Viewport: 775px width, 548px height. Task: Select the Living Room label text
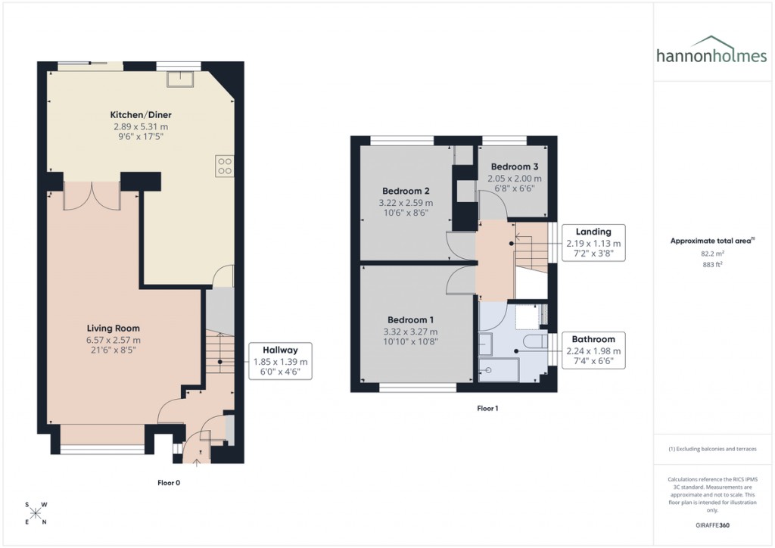[114, 328]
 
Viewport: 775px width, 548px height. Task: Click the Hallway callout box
[280, 362]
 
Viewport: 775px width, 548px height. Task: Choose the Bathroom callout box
[593, 350]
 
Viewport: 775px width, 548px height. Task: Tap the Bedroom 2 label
[406, 191]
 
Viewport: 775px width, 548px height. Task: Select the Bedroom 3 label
[515, 167]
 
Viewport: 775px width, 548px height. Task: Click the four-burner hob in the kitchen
[225, 165]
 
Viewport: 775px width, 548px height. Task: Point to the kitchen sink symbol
[182, 76]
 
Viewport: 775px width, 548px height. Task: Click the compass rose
[36, 513]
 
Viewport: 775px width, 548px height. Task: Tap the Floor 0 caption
[168, 482]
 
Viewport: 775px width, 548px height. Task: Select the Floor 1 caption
[487, 408]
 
